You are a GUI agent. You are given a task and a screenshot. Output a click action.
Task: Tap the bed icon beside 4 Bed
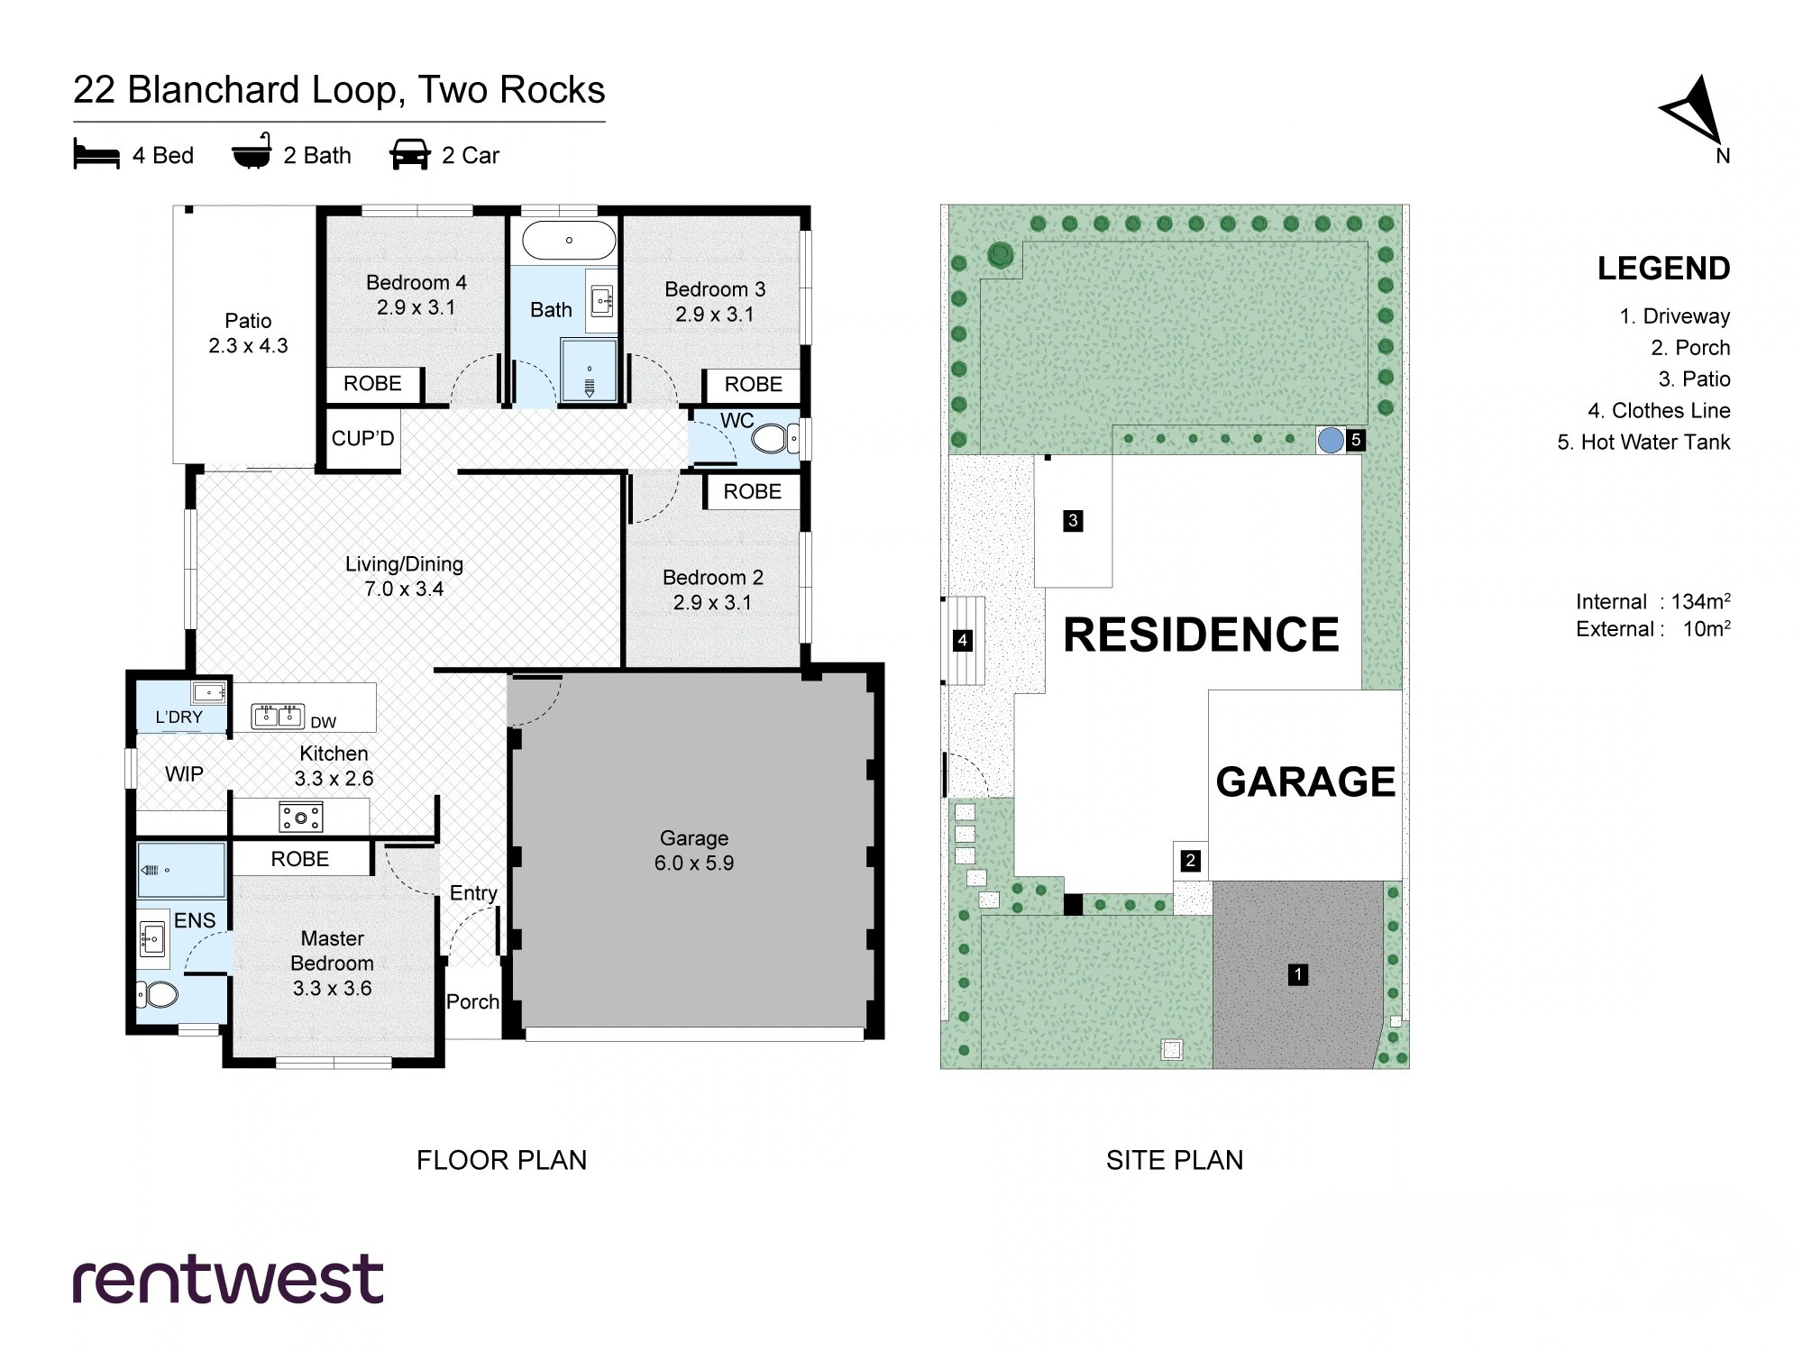96,155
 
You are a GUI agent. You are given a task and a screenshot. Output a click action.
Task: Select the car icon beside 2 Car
409,155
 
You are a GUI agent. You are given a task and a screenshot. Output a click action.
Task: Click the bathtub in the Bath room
569,241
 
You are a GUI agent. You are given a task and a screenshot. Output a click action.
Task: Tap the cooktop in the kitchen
301,818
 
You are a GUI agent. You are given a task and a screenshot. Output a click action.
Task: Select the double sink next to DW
277,716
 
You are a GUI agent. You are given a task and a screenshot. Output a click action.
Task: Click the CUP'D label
362,439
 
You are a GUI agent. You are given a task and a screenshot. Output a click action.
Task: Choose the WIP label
184,773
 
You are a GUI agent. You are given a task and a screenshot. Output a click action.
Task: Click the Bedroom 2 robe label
753,491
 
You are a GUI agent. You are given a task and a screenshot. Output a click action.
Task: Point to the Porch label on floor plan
472,1001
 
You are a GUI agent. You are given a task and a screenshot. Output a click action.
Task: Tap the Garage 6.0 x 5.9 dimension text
694,863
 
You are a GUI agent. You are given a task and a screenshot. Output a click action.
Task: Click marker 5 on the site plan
1355,440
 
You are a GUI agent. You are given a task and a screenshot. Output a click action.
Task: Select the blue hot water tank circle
1331,441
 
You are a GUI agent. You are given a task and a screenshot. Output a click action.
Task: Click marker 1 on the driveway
1298,974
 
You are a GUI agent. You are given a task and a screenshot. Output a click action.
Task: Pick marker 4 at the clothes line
963,641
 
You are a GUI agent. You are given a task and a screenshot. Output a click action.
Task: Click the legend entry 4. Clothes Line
1659,411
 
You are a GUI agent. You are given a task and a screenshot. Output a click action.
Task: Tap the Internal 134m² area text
1652,601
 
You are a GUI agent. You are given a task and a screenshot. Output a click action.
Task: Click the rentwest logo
228,1278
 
